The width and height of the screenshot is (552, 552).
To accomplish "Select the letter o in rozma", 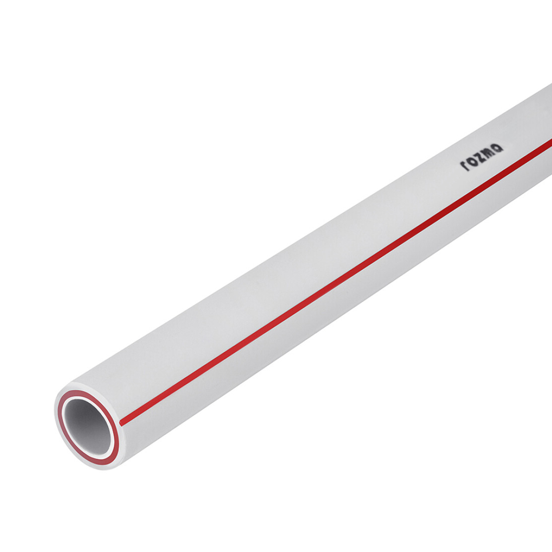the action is pos(473,161).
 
